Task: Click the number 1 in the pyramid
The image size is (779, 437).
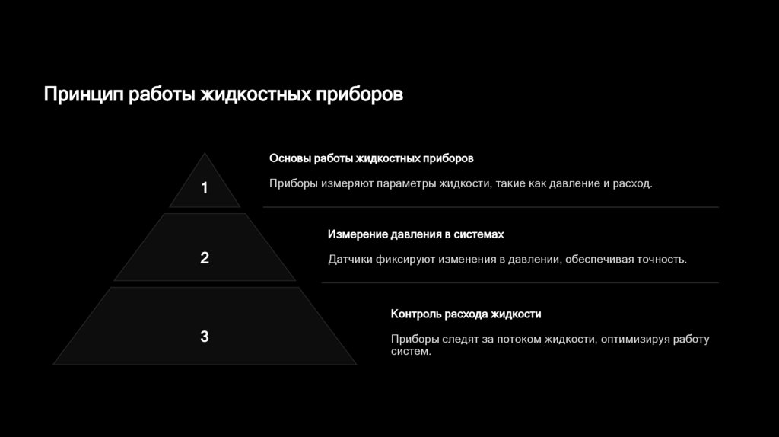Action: [204, 188]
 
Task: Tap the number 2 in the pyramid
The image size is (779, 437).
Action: [204, 258]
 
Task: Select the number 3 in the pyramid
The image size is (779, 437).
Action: [204, 337]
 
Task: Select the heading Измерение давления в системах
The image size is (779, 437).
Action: [416, 234]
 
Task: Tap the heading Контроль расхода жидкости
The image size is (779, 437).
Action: [466, 314]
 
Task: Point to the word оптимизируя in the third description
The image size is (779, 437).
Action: [635, 339]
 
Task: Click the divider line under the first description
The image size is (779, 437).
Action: [490, 206]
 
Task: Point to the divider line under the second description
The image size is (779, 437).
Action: [520, 282]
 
